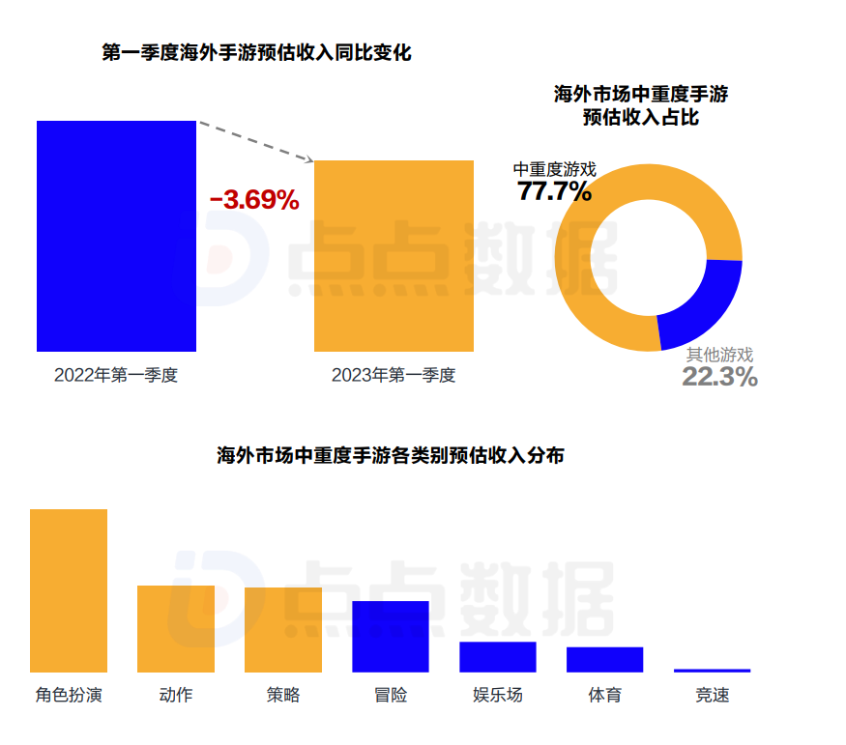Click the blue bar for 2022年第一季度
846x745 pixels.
(x=116, y=236)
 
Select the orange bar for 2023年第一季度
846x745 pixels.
(x=394, y=255)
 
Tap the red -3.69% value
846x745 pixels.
(x=254, y=200)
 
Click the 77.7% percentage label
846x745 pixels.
(x=554, y=191)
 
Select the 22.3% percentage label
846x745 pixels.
(x=719, y=377)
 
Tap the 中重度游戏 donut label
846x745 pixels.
(x=554, y=169)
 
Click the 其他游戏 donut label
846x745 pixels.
(x=719, y=355)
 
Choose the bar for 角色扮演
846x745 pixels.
(x=69, y=590)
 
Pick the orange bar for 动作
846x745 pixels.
(x=176, y=628)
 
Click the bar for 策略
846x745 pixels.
(x=283, y=629)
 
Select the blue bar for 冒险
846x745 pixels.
(x=390, y=636)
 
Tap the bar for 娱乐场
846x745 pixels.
(x=497, y=656)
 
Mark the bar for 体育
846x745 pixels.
(x=604, y=659)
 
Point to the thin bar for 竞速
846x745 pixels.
(x=712, y=670)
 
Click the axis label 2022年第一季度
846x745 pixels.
(x=116, y=375)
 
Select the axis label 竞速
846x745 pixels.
(x=713, y=695)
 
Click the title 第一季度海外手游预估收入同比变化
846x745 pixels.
(x=256, y=53)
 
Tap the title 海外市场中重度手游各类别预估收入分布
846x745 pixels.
(x=391, y=456)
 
